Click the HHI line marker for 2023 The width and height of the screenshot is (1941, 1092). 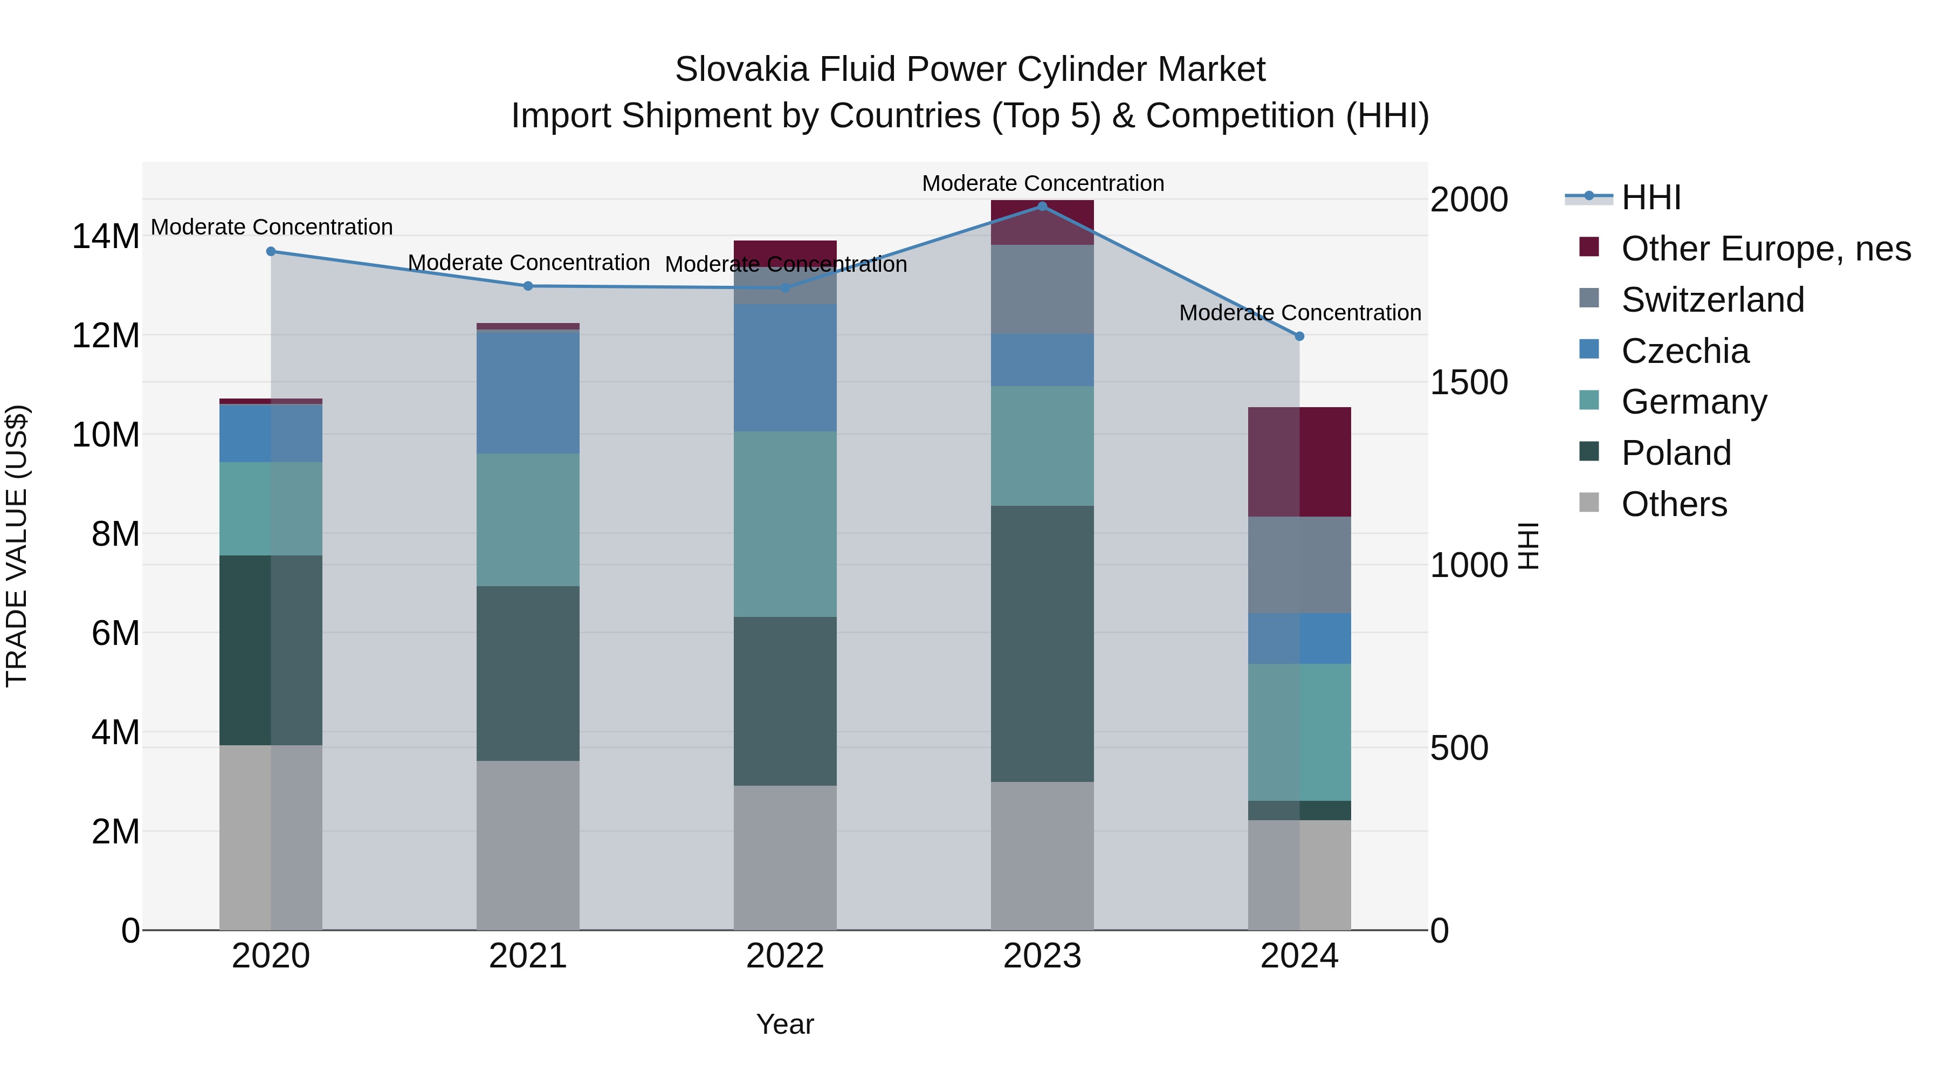pos(1042,207)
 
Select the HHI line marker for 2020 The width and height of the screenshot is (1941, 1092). pos(271,252)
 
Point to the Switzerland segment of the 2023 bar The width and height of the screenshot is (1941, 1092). pos(1042,290)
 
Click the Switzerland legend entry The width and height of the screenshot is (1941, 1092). pos(1712,300)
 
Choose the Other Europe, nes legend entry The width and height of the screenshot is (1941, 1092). pos(1765,249)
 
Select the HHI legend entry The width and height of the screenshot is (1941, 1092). pos(1650,197)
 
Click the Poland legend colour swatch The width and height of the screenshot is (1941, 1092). pos(1588,452)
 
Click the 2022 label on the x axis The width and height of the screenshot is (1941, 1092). pos(785,956)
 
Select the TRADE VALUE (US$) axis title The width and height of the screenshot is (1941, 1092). pos(17,546)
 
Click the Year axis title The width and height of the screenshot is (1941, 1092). pos(785,1024)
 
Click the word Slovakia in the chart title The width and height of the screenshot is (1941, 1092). pos(741,70)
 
